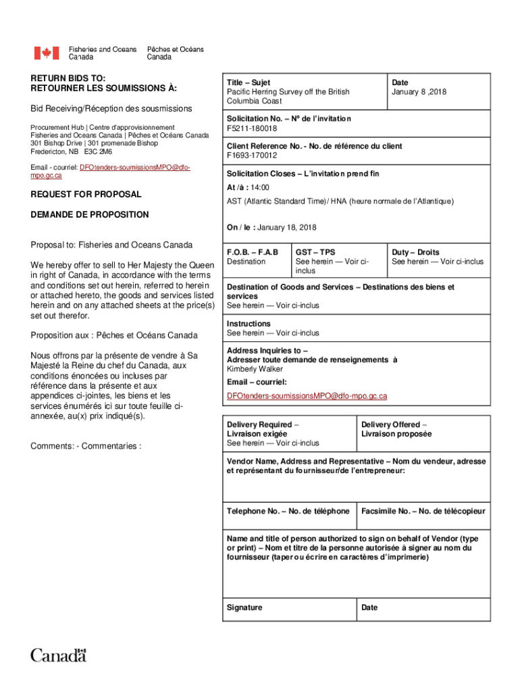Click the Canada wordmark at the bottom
click(59, 655)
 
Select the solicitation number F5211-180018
click(252, 128)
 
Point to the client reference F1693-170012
click(252, 155)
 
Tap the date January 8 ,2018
click(419, 92)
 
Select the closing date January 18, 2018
click(287, 227)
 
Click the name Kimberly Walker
click(255, 369)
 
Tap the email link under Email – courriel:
click(307, 395)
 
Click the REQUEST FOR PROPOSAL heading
click(86, 194)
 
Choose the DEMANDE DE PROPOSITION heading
click(90, 214)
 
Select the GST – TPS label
click(315, 252)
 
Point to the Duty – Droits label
click(415, 252)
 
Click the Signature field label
click(244, 608)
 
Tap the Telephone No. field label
click(288, 512)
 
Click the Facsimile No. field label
click(423, 512)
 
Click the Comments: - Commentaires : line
click(86, 446)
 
